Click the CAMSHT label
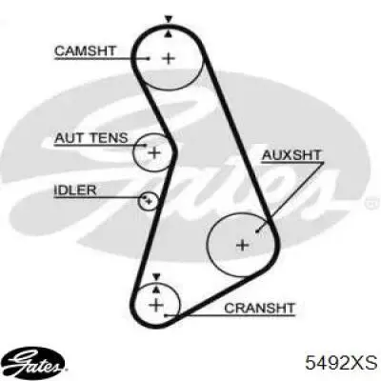(86, 50)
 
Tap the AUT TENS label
(91, 138)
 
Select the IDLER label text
(75, 190)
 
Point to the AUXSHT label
(291, 155)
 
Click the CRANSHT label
(259, 308)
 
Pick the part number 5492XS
(341, 362)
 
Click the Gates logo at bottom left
(35, 362)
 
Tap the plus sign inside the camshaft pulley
(169, 59)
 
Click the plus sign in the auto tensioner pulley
(154, 153)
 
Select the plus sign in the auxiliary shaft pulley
(243, 245)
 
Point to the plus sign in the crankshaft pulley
(156, 306)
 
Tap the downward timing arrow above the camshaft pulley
(169, 19)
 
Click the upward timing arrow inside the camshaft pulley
(169, 34)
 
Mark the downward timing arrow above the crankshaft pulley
(156, 276)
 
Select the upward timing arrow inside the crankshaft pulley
(156, 289)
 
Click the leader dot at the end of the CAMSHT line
(149, 58)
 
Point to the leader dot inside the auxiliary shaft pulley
(257, 231)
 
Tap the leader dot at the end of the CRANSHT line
(165, 315)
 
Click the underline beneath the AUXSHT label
(292, 163)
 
